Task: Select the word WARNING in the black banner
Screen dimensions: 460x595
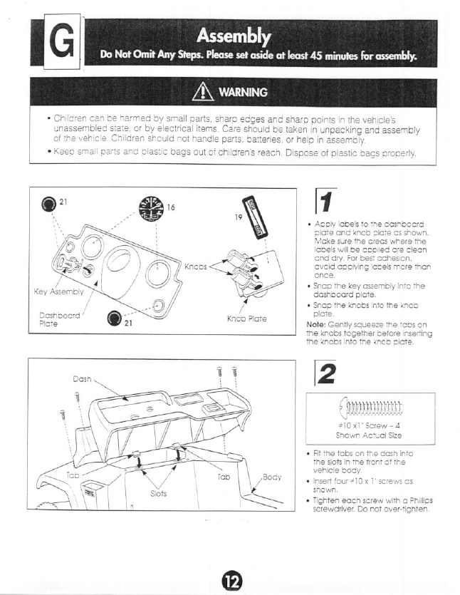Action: coord(244,93)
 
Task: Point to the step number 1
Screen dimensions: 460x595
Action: coord(323,206)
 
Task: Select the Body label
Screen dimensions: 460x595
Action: coord(272,475)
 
